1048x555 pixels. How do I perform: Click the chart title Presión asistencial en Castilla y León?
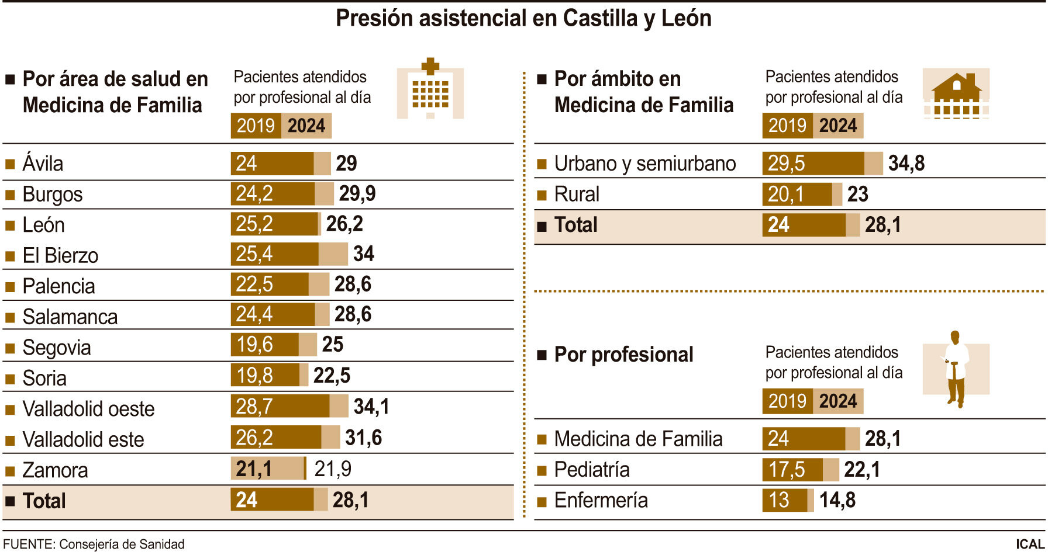tap(523, 19)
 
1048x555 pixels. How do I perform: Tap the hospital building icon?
tap(430, 89)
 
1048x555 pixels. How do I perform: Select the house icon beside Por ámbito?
tap(956, 93)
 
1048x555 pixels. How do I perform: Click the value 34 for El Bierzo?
tap(364, 254)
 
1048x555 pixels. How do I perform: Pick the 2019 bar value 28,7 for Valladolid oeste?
tap(255, 406)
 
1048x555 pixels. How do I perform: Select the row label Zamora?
tap(55, 470)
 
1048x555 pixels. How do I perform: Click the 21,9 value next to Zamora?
tap(333, 469)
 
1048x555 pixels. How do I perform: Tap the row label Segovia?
tap(57, 348)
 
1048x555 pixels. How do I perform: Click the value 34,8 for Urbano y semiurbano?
tap(906, 164)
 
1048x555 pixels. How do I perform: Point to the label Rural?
tap(577, 194)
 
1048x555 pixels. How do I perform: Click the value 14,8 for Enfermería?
tap(837, 500)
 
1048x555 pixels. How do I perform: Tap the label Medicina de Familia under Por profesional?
tap(638, 439)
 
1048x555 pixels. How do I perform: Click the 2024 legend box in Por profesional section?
tap(837, 401)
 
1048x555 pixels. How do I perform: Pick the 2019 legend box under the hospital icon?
tap(256, 126)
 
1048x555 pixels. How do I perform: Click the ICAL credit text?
tap(1030, 544)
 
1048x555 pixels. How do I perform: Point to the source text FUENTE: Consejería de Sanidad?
tap(94, 544)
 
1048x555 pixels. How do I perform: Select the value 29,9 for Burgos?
tap(357, 193)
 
